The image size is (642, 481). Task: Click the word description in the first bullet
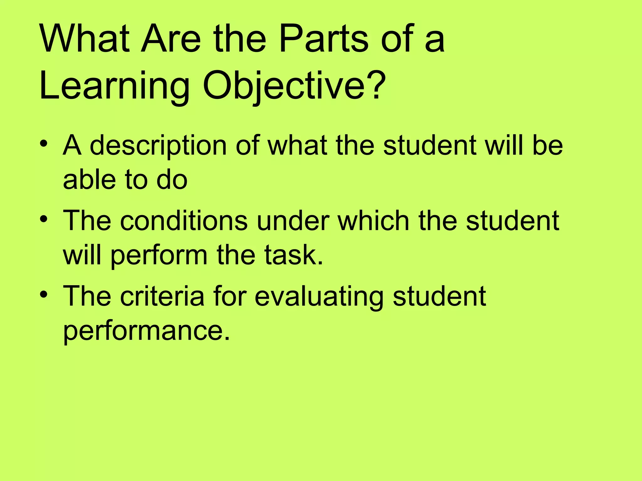coord(158,146)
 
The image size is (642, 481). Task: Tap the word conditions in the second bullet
coord(184,221)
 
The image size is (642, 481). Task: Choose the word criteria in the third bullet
coord(162,296)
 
